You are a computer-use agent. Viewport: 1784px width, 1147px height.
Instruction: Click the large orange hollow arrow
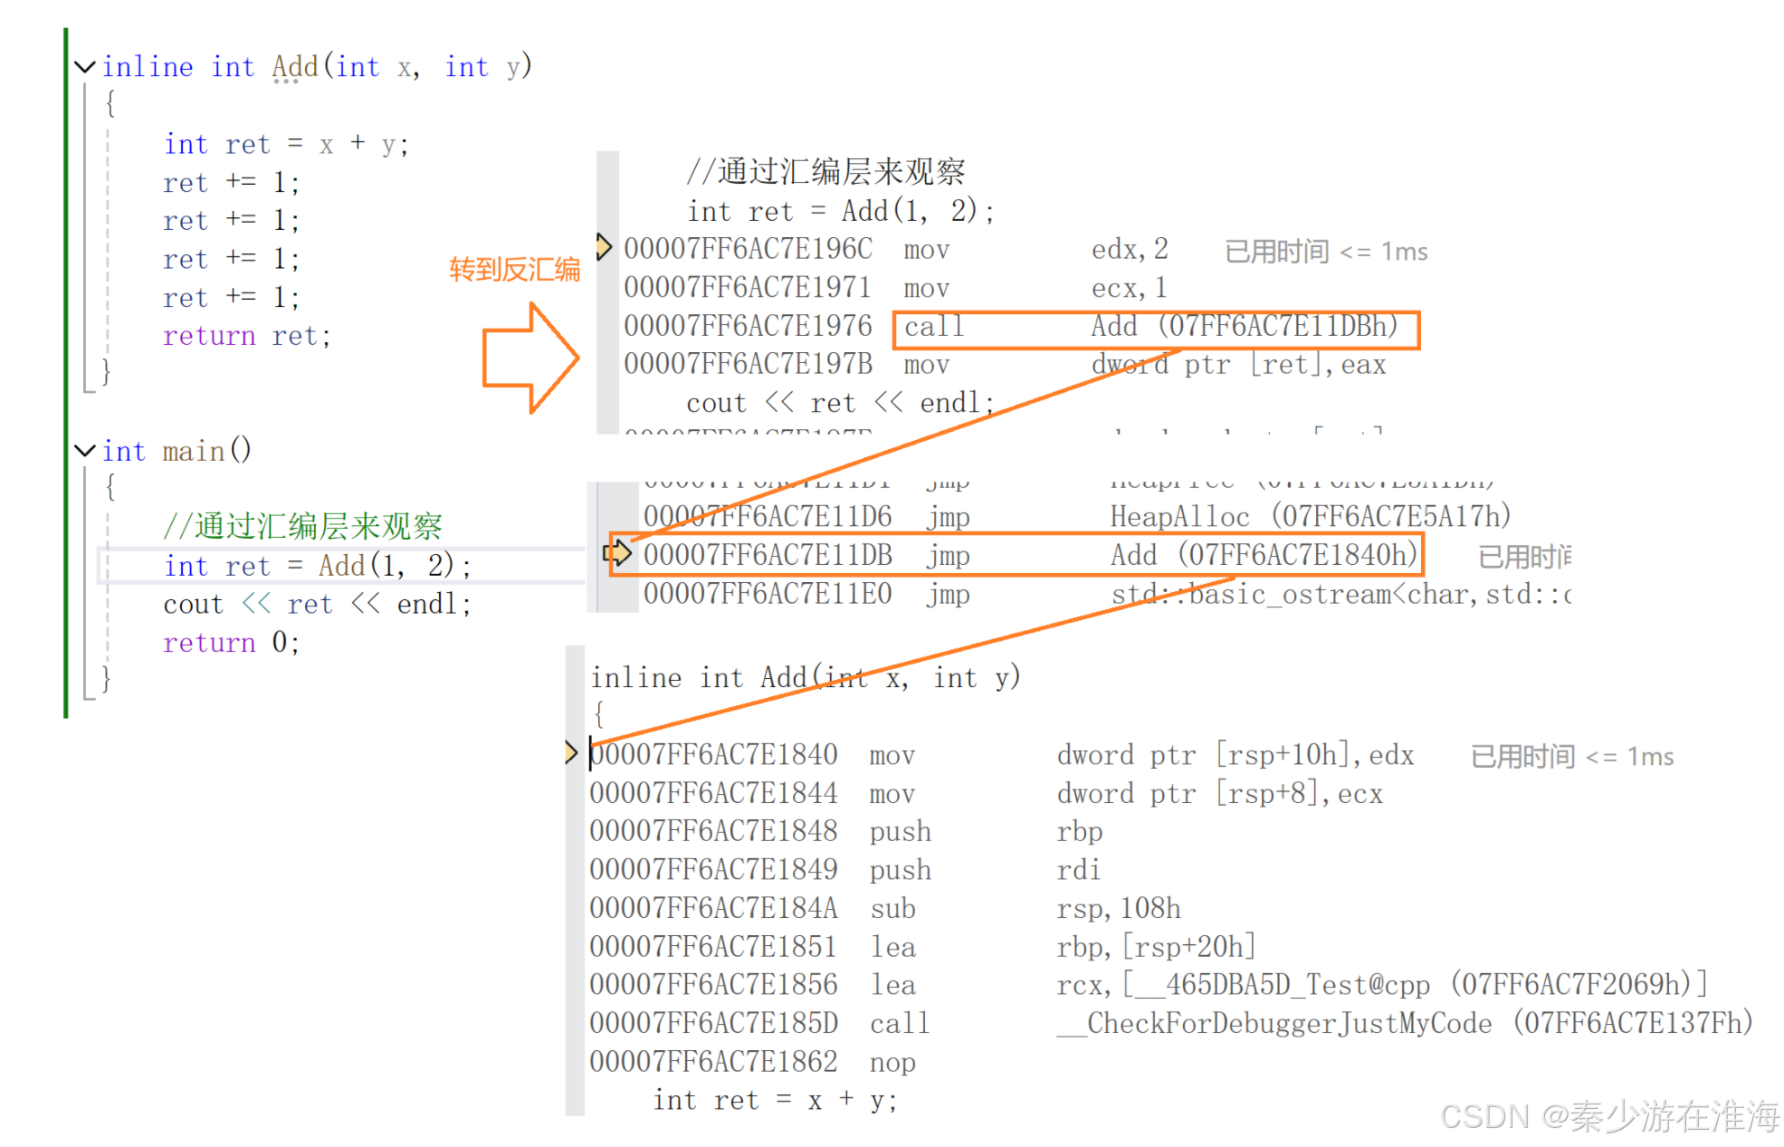[x=529, y=358]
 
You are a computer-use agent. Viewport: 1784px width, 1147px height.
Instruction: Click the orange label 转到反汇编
[x=514, y=269]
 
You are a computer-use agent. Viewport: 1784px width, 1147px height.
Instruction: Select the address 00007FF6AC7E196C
[x=748, y=249]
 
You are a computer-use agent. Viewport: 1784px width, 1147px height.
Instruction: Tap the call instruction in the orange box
[x=934, y=327]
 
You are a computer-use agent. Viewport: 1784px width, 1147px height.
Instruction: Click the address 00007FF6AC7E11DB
[x=768, y=555]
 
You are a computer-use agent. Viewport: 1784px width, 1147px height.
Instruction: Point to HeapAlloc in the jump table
[x=1179, y=517]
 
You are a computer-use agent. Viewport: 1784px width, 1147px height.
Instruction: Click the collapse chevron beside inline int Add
[x=85, y=67]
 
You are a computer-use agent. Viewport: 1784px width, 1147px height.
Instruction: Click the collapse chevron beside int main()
[x=85, y=451]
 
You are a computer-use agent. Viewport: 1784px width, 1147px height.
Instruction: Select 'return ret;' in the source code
[x=246, y=337]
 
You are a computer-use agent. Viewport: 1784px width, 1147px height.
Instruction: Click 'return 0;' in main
[x=230, y=643]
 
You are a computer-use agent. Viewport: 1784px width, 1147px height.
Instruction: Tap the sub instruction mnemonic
[x=892, y=909]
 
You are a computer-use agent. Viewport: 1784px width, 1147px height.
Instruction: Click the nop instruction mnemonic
[x=892, y=1063]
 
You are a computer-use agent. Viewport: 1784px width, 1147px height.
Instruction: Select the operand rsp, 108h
[x=1118, y=909]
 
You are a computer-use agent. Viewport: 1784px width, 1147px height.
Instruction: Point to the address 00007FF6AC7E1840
[x=713, y=755]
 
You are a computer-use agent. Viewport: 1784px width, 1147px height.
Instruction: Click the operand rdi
[x=1078, y=871]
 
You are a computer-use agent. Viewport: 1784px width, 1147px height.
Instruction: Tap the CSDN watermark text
[x=1609, y=1117]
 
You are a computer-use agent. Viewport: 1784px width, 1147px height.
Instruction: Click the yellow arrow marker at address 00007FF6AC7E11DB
[x=617, y=553]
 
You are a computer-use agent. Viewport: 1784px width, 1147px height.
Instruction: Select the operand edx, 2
[x=1130, y=249]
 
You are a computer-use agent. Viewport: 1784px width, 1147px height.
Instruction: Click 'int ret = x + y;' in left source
[x=286, y=145]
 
